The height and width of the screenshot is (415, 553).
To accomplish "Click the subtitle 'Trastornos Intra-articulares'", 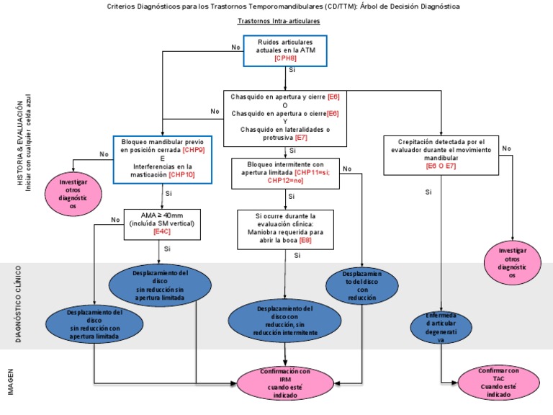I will coord(279,22).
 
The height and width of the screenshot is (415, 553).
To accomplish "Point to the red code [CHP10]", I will coord(181,175).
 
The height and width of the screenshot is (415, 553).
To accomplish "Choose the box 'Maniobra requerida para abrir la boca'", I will coord(285,229).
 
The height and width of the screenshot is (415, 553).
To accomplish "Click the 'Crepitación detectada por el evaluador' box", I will coord(441,154).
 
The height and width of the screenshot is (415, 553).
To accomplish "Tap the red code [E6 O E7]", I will coord(441,166).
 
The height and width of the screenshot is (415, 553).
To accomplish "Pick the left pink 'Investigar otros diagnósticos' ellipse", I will coord(73,195).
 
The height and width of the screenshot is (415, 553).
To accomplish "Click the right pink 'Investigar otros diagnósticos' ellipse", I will coord(513,263).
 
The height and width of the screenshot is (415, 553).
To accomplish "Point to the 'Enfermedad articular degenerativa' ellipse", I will coord(440,328).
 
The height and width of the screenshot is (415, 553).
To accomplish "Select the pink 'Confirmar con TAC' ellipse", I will coord(498,382).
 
